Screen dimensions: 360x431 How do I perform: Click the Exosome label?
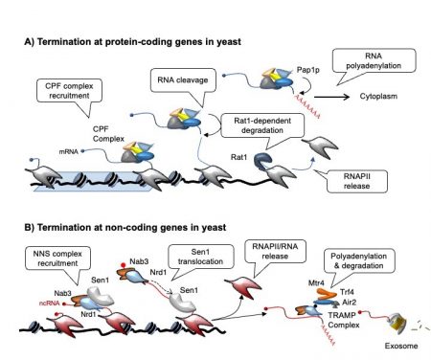click(x=395, y=342)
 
